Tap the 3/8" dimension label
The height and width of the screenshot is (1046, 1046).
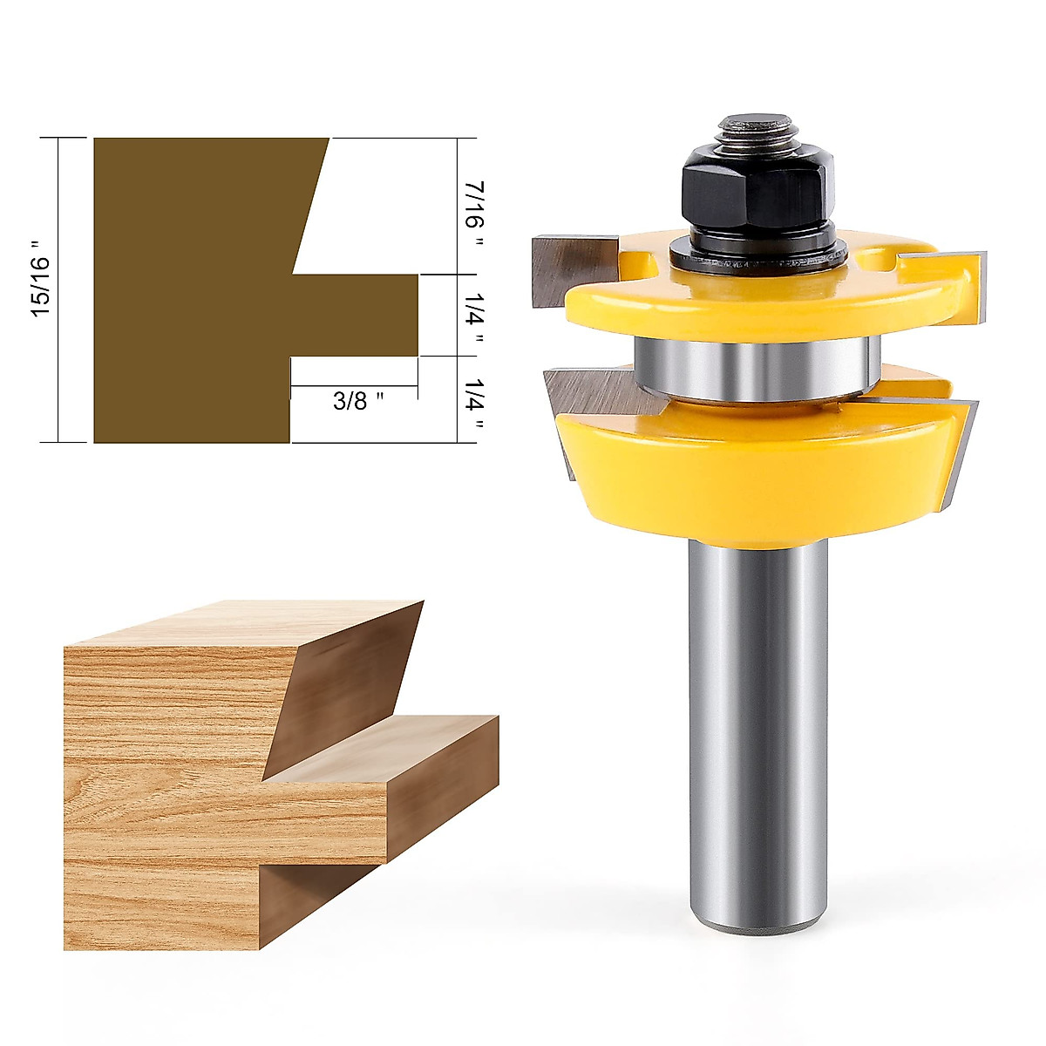pos(358,402)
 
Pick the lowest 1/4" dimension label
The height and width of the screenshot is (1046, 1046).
pos(473,401)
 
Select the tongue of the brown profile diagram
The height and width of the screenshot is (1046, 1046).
pos(357,315)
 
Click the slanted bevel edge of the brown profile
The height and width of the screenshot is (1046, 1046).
pos(309,205)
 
